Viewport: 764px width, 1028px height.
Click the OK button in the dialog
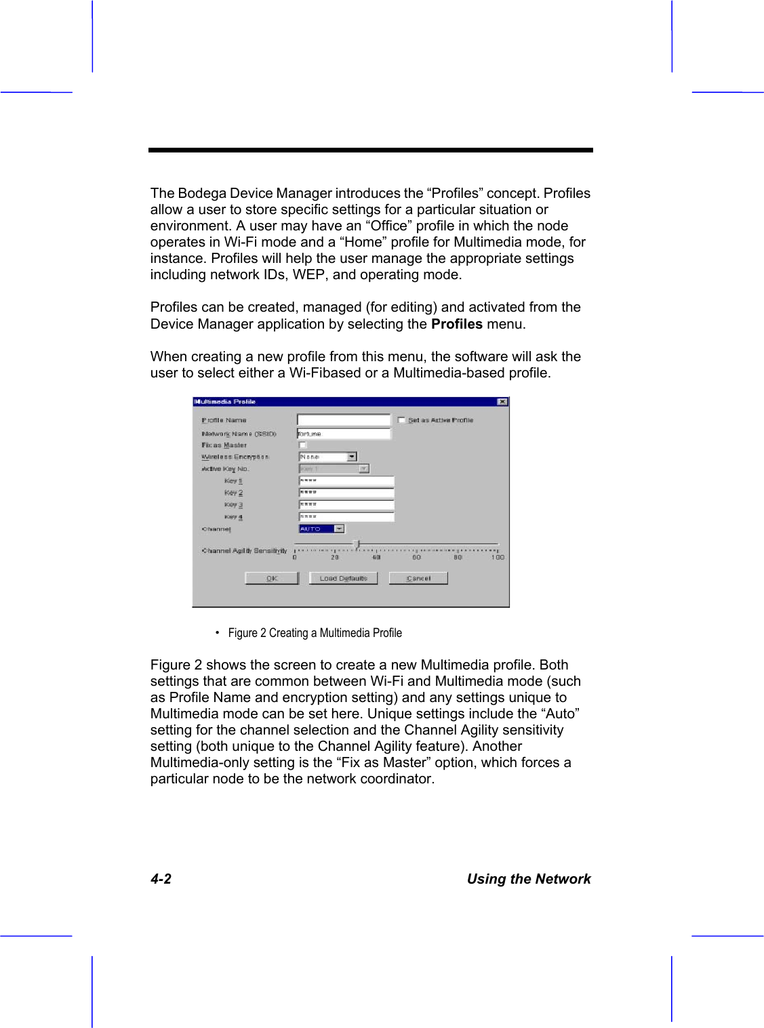(272, 578)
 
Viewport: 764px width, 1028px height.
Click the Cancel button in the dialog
(418, 578)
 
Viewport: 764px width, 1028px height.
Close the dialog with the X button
(502, 402)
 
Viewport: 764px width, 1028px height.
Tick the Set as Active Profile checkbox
(401, 420)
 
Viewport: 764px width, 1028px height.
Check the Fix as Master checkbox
(303, 445)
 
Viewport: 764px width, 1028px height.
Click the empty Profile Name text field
(344, 420)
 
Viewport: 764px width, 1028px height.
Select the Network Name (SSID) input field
(344, 434)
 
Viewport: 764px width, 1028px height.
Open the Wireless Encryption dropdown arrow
(352, 457)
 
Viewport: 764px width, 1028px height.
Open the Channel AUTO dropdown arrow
(340, 529)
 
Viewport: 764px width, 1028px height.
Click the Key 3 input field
(346, 505)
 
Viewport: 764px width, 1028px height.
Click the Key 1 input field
(346, 481)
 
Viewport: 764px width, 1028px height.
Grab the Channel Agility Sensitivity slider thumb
(357, 543)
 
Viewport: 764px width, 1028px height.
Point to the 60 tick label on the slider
(416, 558)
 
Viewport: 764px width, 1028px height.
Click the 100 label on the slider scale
(498, 558)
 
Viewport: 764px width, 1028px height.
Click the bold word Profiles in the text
(456, 324)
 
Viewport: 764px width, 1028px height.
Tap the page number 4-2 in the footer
(161, 879)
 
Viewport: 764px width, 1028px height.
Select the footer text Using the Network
(528, 879)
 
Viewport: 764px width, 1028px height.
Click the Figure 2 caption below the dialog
(315, 633)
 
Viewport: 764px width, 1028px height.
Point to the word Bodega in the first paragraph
(202, 193)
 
